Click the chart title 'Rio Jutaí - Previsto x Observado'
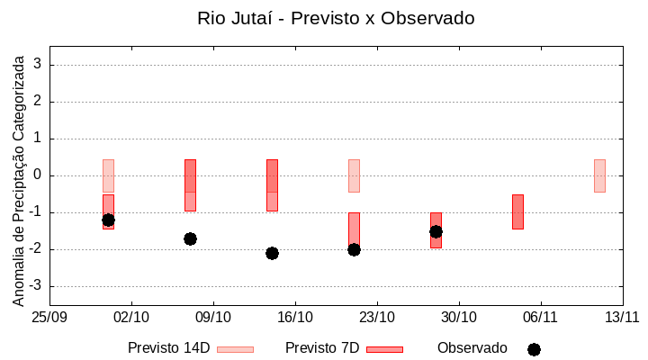tap(336, 18)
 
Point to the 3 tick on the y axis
tap(38, 65)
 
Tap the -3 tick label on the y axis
tap(35, 286)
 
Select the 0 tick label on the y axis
tap(38, 175)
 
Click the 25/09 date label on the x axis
tap(49, 317)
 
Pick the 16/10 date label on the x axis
tap(295, 317)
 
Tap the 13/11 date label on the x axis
tap(622, 317)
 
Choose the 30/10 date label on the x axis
tap(459, 317)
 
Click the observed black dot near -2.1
tap(272, 253)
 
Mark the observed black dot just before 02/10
tap(108, 220)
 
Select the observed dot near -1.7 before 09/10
tap(190, 238)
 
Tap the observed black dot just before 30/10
tap(436, 231)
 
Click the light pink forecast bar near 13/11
tap(599, 175)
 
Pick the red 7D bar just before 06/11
tap(517, 211)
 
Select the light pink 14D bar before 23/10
tap(354, 175)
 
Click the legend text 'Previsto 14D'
tap(168, 348)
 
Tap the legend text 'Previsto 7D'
tap(322, 348)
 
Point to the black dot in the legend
tap(534, 349)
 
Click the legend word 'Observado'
tap(472, 348)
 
